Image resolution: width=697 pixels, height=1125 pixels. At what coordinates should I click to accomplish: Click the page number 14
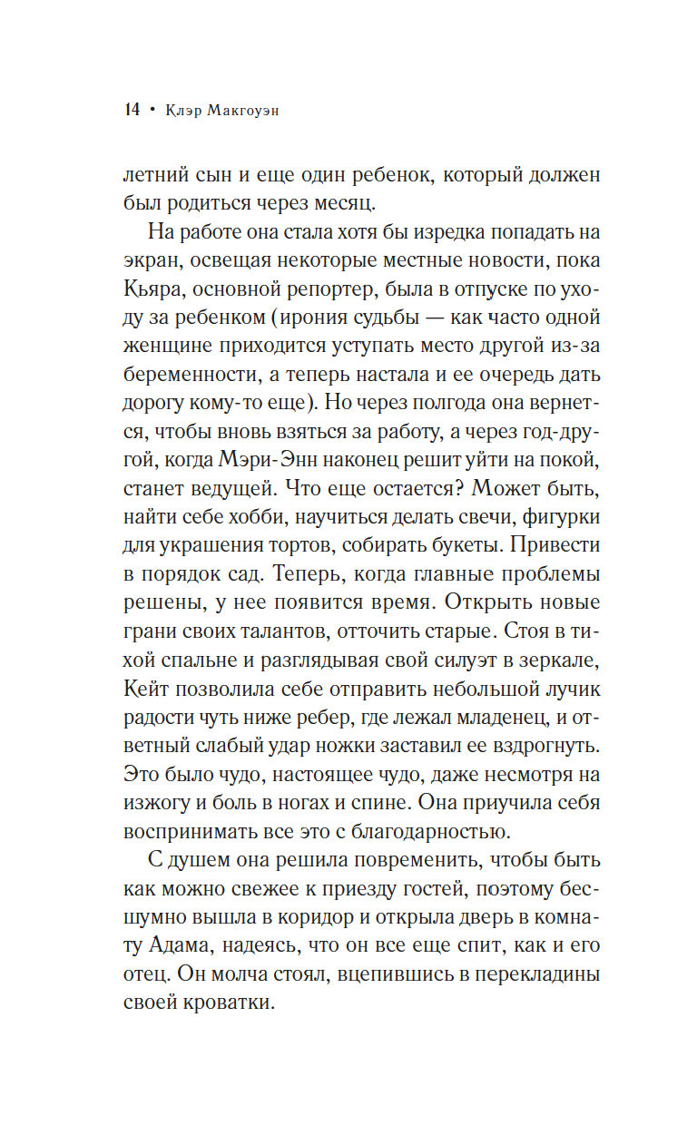pos(132,111)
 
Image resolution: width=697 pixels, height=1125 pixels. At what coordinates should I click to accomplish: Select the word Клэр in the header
pos(180,111)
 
